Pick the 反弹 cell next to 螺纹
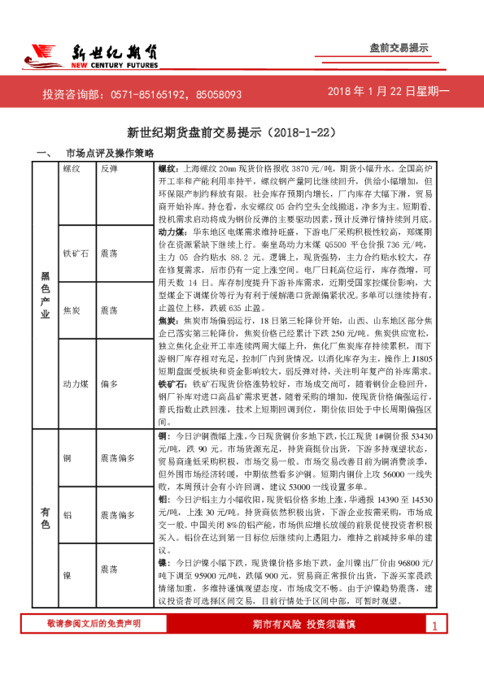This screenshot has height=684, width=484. point(111,171)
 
